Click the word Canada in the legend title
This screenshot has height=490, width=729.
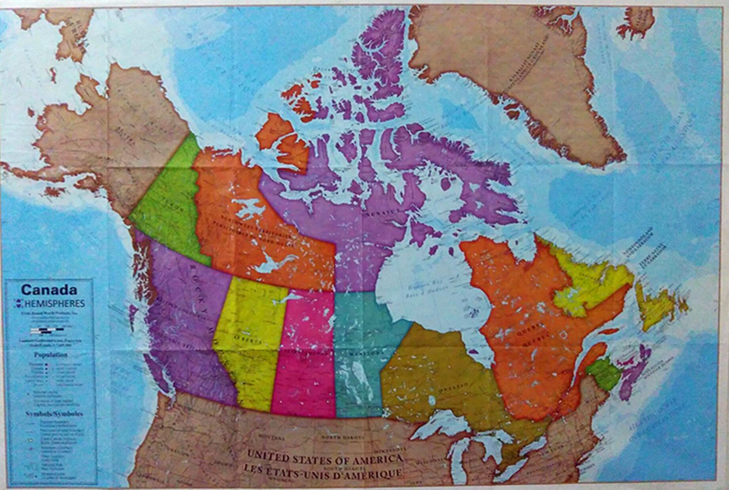49,290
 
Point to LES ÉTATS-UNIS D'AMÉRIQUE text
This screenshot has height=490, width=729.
323,471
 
